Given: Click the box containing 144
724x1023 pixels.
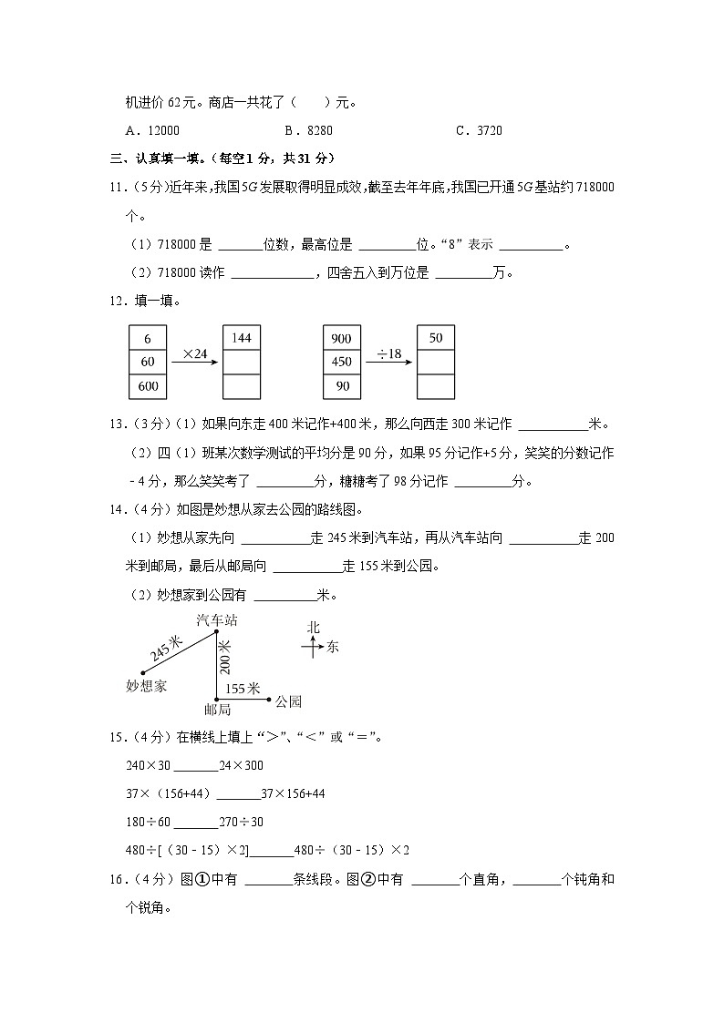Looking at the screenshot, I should [x=241, y=338].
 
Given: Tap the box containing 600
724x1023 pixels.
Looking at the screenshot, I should [x=148, y=386].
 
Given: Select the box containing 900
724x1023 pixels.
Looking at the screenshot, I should [x=341, y=338].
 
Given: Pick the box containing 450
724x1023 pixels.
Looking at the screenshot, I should [x=341, y=362].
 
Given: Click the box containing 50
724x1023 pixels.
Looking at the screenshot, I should [x=435, y=338].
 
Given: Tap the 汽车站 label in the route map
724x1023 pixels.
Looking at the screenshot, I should [x=216, y=619].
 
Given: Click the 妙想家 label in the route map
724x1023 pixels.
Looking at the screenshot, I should [x=147, y=686].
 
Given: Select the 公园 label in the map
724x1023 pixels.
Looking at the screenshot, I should [x=288, y=701].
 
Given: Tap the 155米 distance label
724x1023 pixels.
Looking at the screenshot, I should [x=243, y=689].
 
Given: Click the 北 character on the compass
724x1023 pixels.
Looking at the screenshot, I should [x=313, y=627].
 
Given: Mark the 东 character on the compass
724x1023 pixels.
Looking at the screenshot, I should [x=332, y=647].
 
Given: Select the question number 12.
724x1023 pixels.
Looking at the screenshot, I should [x=115, y=301].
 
